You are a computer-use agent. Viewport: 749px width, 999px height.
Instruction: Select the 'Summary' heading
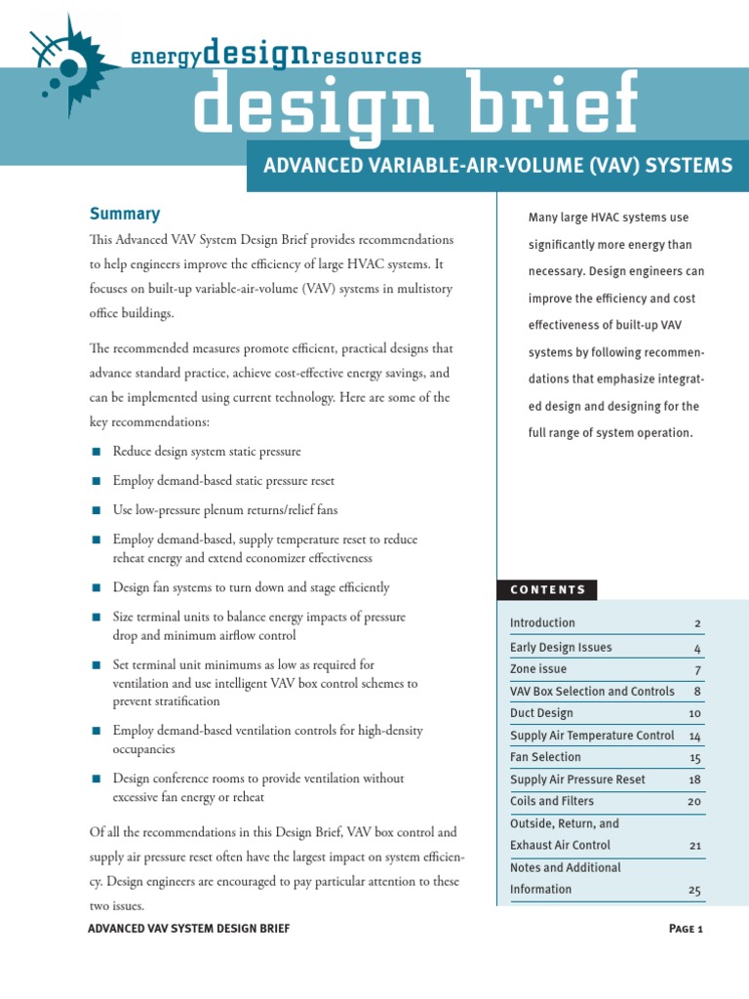(x=125, y=214)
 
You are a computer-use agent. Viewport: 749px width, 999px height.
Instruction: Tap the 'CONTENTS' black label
(x=547, y=589)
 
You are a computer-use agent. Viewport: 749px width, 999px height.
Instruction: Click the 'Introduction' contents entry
(x=542, y=622)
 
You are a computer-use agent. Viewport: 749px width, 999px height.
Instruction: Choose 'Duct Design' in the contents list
(x=541, y=713)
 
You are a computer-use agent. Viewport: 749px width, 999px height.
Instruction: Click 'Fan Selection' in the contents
(x=545, y=757)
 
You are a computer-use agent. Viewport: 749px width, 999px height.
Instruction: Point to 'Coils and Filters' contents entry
(x=553, y=801)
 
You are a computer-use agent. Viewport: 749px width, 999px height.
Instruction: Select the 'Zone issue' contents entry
(x=537, y=669)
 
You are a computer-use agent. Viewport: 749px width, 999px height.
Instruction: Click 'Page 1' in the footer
(x=686, y=929)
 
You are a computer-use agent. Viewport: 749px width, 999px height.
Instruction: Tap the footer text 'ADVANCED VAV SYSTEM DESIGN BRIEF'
(x=188, y=929)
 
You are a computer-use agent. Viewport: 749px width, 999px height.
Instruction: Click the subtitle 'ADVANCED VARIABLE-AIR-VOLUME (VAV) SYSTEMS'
(x=497, y=166)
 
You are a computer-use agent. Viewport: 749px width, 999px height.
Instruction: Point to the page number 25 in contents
(x=694, y=891)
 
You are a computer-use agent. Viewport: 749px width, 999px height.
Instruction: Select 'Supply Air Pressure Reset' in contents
(x=577, y=779)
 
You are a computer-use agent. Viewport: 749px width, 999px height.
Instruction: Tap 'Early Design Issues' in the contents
(x=561, y=647)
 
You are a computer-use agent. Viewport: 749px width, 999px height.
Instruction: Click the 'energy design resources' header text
(x=276, y=56)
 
